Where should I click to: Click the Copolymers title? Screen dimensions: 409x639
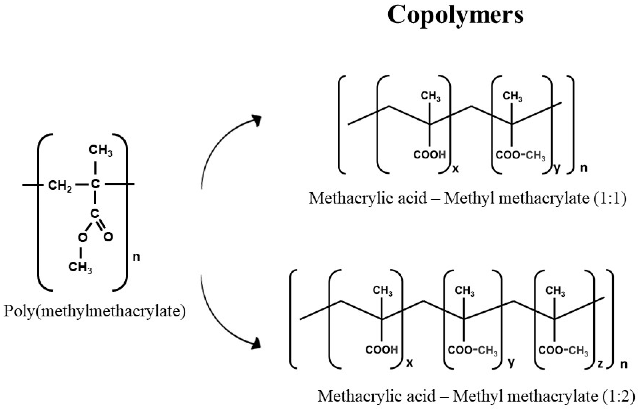tap(455, 15)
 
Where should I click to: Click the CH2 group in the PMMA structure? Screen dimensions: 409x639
tap(60, 185)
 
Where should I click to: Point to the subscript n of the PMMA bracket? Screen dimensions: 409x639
tap(136, 257)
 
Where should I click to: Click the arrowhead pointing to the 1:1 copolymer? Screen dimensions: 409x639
tap(257, 120)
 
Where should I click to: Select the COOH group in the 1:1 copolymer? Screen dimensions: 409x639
tap(430, 155)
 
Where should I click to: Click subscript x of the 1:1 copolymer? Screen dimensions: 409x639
tap(455, 168)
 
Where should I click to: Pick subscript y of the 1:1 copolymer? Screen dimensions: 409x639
tap(557, 168)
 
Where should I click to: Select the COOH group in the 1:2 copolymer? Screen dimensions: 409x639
tap(382, 350)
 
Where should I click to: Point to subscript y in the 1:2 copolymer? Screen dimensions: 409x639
tap(511, 362)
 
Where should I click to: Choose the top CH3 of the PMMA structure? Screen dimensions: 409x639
tap(100, 150)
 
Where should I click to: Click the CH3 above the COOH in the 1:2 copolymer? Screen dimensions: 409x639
tap(382, 291)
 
